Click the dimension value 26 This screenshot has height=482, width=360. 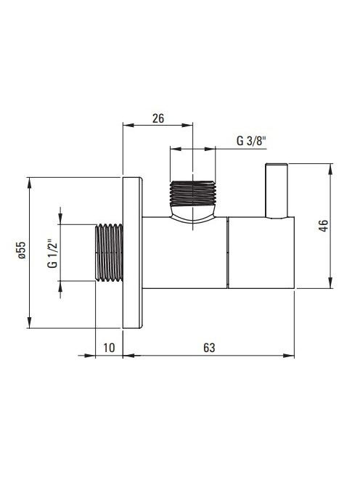[x=158, y=118]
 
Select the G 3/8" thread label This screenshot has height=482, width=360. [x=251, y=141]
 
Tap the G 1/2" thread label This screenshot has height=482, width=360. [x=52, y=253]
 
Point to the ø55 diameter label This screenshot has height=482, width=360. [x=21, y=250]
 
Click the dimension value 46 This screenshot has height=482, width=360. [x=324, y=226]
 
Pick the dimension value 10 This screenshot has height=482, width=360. [x=109, y=348]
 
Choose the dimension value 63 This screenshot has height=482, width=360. [x=209, y=348]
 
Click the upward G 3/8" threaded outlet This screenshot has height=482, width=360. [x=193, y=193]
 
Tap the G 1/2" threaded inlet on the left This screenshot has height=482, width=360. [x=109, y=253]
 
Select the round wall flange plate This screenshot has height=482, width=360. [x=133, y=253]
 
